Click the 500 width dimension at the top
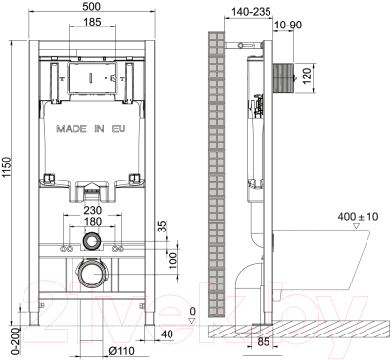(x=92, y=7)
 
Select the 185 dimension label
(x=92, y=22)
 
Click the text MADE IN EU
(x=90, y=129)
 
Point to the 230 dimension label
(x=93, y=210)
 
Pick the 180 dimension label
(x=93, y=222)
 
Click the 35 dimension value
(x=163, y=227)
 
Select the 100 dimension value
(x=173, y=260)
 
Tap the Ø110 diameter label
(x=122, y=351)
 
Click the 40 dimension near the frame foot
(x=167, y=334)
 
